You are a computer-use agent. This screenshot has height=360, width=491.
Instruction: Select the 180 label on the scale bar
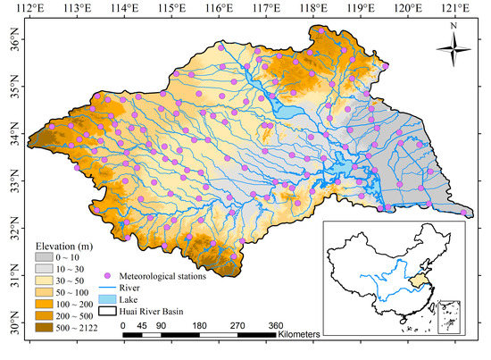pyautogui.click(x=198, y=325)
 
